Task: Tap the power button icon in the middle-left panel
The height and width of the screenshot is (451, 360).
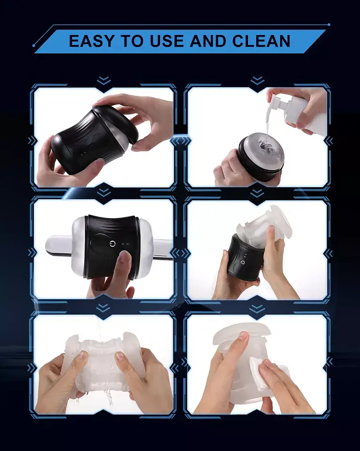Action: pyautogui.click(x=112, y=244)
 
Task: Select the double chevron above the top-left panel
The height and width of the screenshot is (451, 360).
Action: pyautogui.click(x=103, y=81)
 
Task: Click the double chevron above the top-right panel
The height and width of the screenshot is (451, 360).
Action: pyautogui.click(x=257, y=81)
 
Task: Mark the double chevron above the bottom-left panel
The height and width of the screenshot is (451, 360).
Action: pyautogui.click(x=103, y=308)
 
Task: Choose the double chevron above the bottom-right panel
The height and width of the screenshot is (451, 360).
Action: pyautogui.click(x=257, y=308)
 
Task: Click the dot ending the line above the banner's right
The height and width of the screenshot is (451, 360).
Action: pyautogui.click(x=329, y=24)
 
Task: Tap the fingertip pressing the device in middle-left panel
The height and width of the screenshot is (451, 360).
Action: pyautogui.click(x=124, y=257)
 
